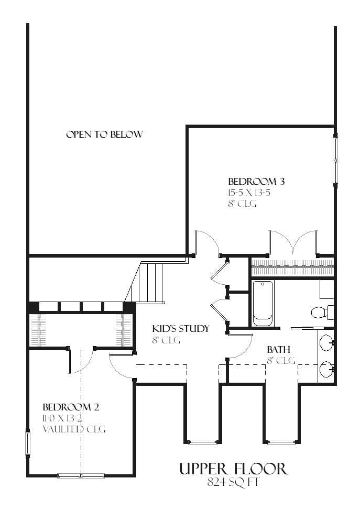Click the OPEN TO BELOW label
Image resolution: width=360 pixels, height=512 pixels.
click(x=105, y=134)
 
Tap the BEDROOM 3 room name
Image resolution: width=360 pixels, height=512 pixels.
click(x=256, y=181)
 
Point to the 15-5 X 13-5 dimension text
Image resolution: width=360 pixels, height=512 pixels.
click(x=249, y=192)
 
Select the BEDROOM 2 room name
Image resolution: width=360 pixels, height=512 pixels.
click(x=71, y=407)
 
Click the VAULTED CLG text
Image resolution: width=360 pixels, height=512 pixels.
click(x=74, y=429)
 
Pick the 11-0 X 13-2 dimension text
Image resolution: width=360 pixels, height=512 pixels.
click(x=62, y=418)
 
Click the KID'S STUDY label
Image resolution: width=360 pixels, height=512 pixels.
click(x=180, y=328)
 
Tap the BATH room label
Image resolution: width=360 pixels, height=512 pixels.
click(x=279, y=350)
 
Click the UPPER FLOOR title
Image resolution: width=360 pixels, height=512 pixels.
click(x=234, y=469)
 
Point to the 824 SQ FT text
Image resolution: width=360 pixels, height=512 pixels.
click(x=233, y=482)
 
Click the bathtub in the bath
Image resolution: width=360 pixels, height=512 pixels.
click(x=263, y=303)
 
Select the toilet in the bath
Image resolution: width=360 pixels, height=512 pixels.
click(x=322, y=311)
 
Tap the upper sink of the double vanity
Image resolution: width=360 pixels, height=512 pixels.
click(x=325, y=342)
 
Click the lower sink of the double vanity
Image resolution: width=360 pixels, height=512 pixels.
click(x=325, y=369)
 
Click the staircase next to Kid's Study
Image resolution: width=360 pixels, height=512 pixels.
click(x=147, y=282)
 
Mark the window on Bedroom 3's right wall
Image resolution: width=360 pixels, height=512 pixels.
click(x=335, y=160)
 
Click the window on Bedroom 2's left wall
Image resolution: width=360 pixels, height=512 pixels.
click(x=28, y=443)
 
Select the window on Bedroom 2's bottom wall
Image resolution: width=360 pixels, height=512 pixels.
click(x=81, y=475)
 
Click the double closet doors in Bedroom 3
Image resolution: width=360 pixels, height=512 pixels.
click(x=293, y=242)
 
